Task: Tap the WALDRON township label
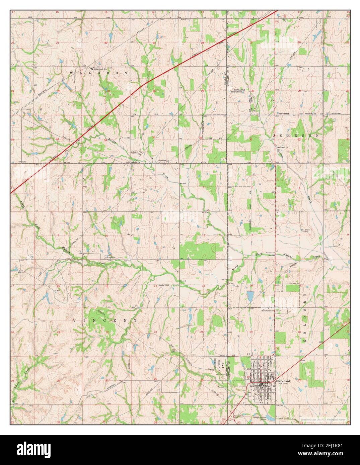(98, 73)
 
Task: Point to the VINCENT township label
(105, 320)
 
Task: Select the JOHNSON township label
(296, 136)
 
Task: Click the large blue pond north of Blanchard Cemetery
(250, 296)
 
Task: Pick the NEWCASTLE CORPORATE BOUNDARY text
(308, 114)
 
